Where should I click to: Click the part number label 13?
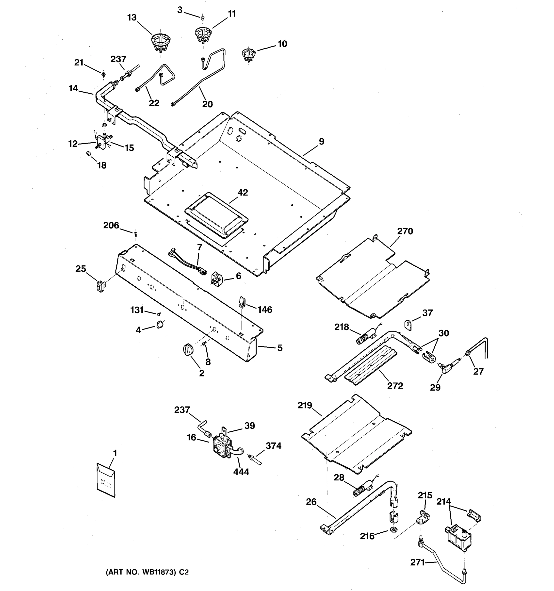pyautogui.click(x=132, y=17)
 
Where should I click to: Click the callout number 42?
pyautogui.click(x=243, y=193)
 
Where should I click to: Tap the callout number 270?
pyautogui.click(x=405, y=231)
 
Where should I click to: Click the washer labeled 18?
pyautogui.click(x=88, y=154)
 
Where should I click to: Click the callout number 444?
pyautogui.click(x=241, y=472)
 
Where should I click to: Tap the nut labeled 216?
pyautogui.click(x=393, y=529)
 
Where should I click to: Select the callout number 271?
pyautogui.click(x=417, y=562)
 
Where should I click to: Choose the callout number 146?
pyautogui.click(x=264, y=310)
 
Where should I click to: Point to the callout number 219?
pyautogui.click(x=305, y=405)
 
